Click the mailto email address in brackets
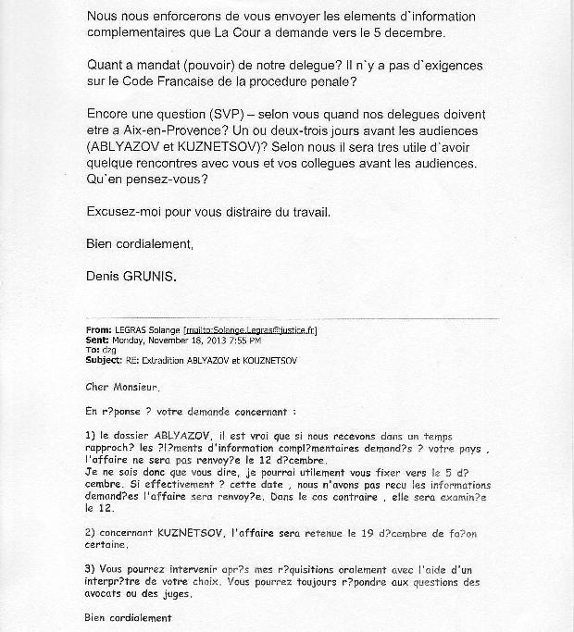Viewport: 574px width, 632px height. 264,328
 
